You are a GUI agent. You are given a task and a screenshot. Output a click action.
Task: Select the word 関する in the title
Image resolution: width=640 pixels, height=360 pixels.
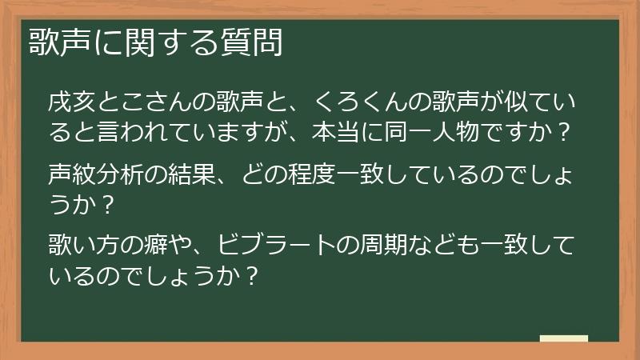[164, 42]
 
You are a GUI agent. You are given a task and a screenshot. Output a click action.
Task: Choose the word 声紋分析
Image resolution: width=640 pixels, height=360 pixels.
[94, 173]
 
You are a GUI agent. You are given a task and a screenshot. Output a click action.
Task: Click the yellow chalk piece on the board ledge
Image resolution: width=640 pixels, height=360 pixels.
[564, 338]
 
